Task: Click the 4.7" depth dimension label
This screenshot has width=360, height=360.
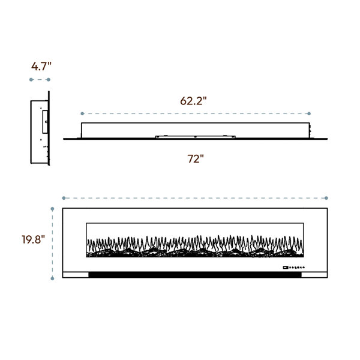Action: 41,67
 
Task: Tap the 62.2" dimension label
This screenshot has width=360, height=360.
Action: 193,101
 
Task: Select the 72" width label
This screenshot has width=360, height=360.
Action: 196,158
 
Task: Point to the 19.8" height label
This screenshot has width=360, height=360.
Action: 33,239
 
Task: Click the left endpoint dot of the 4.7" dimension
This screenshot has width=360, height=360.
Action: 31,80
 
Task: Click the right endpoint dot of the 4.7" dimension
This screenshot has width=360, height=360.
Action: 49,80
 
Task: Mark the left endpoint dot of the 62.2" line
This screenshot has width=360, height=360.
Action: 82,113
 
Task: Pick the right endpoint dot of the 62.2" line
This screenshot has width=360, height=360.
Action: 309,113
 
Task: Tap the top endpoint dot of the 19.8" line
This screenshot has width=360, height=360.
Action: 52,209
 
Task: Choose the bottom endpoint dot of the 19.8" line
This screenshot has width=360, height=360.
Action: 52,278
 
